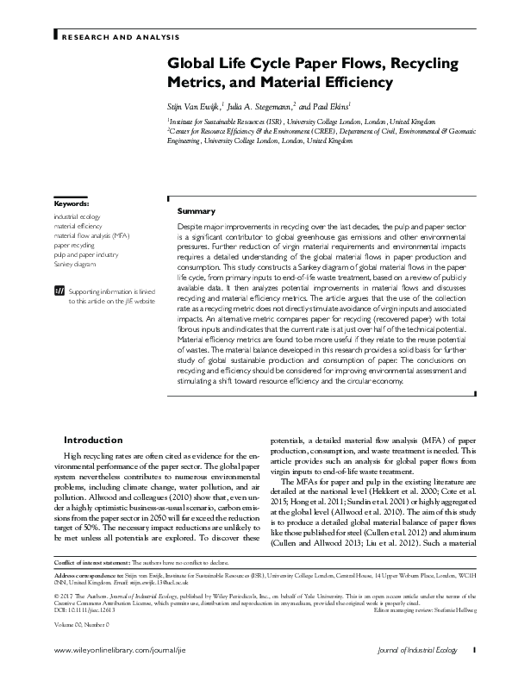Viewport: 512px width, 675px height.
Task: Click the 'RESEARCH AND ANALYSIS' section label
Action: click(x=118, y=38)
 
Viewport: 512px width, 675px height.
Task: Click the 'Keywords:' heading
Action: click(x=70, y=203)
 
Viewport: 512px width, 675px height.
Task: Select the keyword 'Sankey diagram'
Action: click(x=75, y=266)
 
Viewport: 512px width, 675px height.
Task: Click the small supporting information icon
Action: click(x=59, y=291)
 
